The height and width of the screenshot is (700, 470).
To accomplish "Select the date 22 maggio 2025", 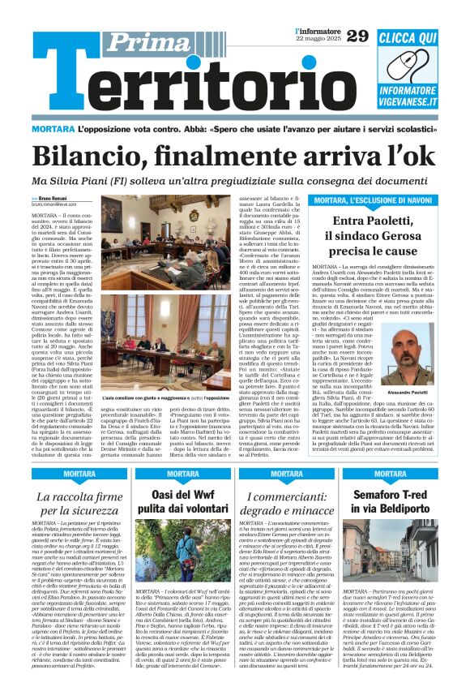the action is [x=318, y=40].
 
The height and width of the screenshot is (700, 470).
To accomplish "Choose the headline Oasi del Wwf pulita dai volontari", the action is [x=186, y=502].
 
